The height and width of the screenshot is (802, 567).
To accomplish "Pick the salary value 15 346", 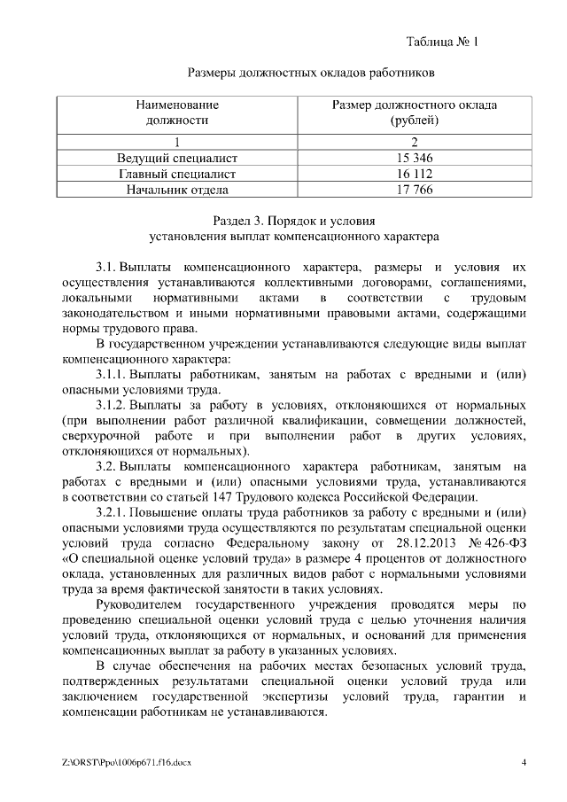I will [414, 158].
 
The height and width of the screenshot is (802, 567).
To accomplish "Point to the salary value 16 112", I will [414, 174].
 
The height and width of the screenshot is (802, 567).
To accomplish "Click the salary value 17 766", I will [414, 190].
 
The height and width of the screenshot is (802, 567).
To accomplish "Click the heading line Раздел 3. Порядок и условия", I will [295, 221].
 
